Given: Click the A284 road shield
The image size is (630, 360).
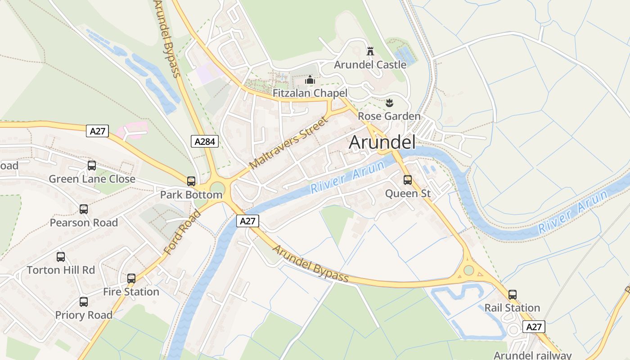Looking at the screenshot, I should pyautogui.click(x=205, y=141).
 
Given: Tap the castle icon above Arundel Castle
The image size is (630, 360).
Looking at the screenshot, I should pyautogui.click(x=370, y=51).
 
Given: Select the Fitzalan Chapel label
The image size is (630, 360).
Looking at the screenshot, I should pyautogui.click(x=310, y=93).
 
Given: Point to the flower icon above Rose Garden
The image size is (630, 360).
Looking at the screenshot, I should pyautogui.click(x=389, y=103).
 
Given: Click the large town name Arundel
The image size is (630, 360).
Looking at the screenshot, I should pyautogui.click(x=382, y=142).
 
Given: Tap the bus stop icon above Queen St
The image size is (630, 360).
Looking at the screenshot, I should pyautogui.click(x=408, y=180).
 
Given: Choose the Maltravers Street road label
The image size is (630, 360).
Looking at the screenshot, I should pyautogui.click(x=289, y=143).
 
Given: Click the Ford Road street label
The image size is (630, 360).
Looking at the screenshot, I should pyautogui.click(x=182, y=232).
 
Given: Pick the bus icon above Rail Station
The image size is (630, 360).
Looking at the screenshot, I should pyautogui.click(x=513, y=295).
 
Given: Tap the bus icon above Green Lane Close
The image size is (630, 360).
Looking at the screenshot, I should pyautogui.click(x=92, y=166).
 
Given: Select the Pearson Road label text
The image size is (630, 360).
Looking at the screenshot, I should pyautogui.click(x=84, y=223).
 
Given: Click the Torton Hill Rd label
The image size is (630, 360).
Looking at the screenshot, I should pyautogui.click(x=61, y=270).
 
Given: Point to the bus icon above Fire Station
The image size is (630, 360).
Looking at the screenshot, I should pyautogui.click(x=131, y=279).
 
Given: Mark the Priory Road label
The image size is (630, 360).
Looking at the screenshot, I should pyautogui.click(x=84, y=315).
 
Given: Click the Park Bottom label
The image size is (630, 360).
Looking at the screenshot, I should pyautogui.click(x=191, y=195).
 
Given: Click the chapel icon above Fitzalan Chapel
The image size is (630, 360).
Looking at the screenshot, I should pyautogui.click(x=310, y=80).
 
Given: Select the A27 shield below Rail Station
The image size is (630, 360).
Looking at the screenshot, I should pyautogui.click(x=534, y=327).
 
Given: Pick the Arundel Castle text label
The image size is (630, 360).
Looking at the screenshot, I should pyautogui.click(x=370, y=65).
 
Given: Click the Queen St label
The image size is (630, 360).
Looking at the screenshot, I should pyautogui.click(x=408, y=193).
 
